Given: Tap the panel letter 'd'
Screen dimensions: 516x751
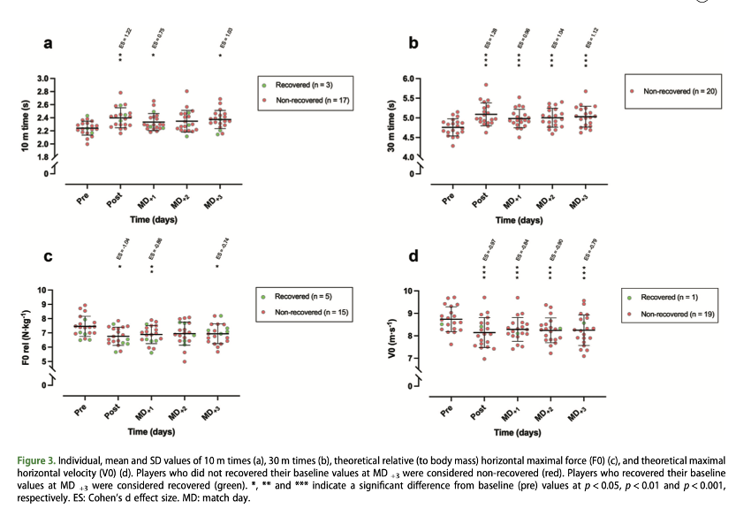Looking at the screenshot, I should (413, 258).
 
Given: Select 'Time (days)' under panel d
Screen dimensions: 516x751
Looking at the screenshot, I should (514, 432).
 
